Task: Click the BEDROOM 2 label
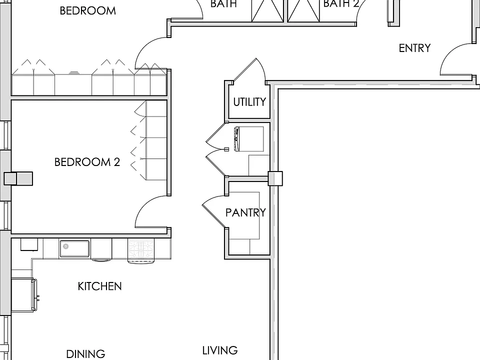pyautogui.click(x=87, y=162)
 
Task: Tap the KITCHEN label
pyautogui.click(x=99, y=286)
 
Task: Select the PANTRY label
pyautogui.click(x=245, y=212)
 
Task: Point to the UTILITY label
pyautogui.click(x=249, y=102)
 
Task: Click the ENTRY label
pyautogui.click(x=415, y=48)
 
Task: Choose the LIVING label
pyautogui.click(x=220, y=350)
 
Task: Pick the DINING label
pyautogui.click(x=85, y=354)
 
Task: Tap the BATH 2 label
pyautogui.click(x=341, y=3)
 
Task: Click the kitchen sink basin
pyautogui.click(x=74, y=248)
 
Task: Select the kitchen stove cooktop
pyautogui.click(x=141, y=248)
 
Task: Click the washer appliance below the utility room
pyautogui.click(x=249, y=139)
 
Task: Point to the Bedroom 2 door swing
pyautogui.click(x=151, y=211)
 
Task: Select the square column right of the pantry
pyautogui.click(x=275, y=178)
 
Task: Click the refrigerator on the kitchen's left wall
pyautogui.click(x=24, y=295)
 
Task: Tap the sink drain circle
pyautogui.click(x=65, y=246)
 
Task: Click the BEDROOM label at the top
pyautogui.click(x=87, y=11)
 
